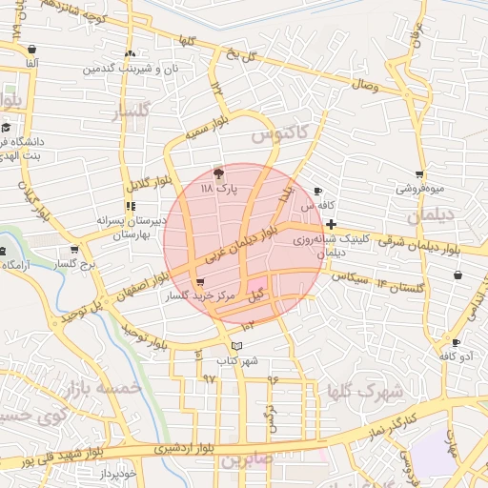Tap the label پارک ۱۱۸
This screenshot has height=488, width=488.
click(217, 190)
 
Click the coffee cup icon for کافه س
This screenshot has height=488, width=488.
click(317, 191)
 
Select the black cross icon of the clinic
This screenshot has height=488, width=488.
click(331, 225)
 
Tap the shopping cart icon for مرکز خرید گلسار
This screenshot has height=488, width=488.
click(199, 283)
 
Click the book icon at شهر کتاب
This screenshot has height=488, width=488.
click(237, 344)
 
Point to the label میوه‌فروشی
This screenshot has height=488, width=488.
click(418, 190)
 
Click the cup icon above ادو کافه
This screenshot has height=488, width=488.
click(457, 342)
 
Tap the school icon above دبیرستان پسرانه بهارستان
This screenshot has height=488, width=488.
click(130, 205)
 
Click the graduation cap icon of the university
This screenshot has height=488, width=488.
click(6, 128)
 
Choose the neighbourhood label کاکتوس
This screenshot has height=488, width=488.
click(279, 137)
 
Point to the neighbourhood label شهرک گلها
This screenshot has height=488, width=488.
click(366, 391)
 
